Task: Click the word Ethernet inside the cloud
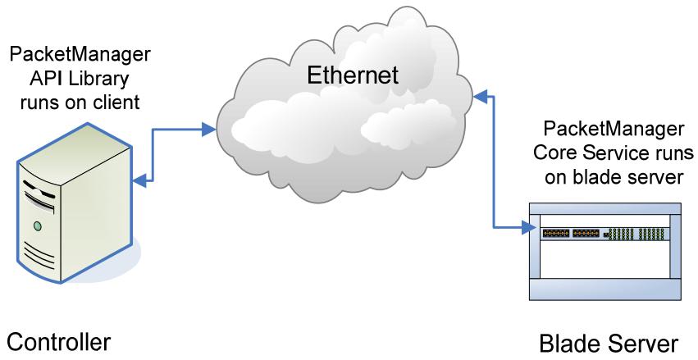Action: pos(353,75)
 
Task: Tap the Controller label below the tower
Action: pos(59,343)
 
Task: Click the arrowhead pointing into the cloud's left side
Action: pos(208,130)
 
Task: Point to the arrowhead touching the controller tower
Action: pos(139,180)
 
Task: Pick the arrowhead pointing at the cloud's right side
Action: pos(480,95)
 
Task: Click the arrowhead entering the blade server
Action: pos(528,228)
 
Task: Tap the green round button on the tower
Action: pos(38,226)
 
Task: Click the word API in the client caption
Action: pos(43,79)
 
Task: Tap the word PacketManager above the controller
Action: pos(80,55)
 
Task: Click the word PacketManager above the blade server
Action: pos(614,130)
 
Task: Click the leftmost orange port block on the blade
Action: pos(556,233)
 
